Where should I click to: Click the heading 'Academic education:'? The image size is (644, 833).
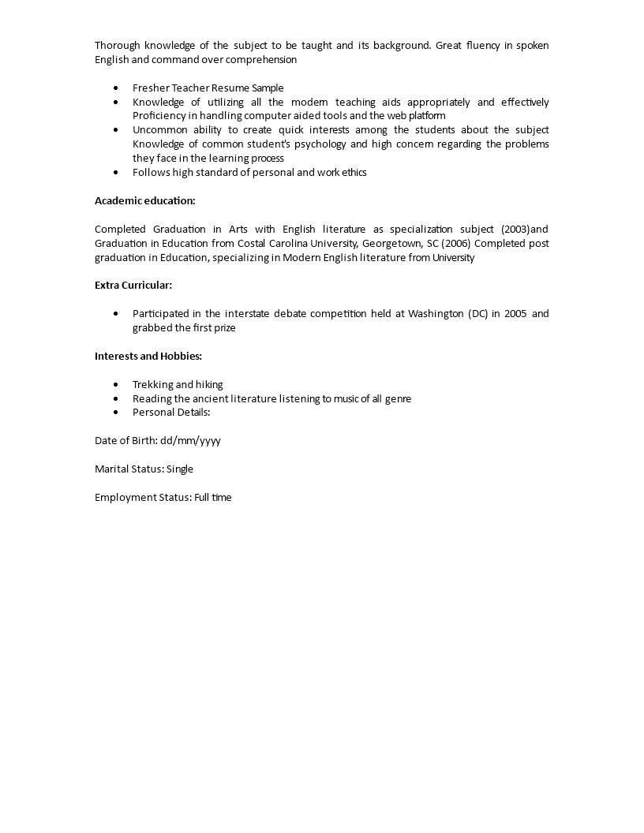[x=144, y=200]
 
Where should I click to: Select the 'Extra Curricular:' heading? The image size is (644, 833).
[x=133, y=285]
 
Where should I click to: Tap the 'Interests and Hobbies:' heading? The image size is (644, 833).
[x=148, y=356]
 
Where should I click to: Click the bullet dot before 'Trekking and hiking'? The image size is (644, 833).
[x=117, y=385]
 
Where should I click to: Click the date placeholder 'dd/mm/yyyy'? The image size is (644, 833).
[x=190, y=440]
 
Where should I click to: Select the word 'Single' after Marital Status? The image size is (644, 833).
[x=180, y=469]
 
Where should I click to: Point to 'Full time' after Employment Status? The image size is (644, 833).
[x=213, y=497]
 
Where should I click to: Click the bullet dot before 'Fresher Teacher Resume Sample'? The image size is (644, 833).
[x=117, y=88]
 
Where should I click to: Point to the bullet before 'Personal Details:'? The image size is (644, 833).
[x=117, y=413]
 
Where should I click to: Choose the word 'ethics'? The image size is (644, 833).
[x=353, y=172]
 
